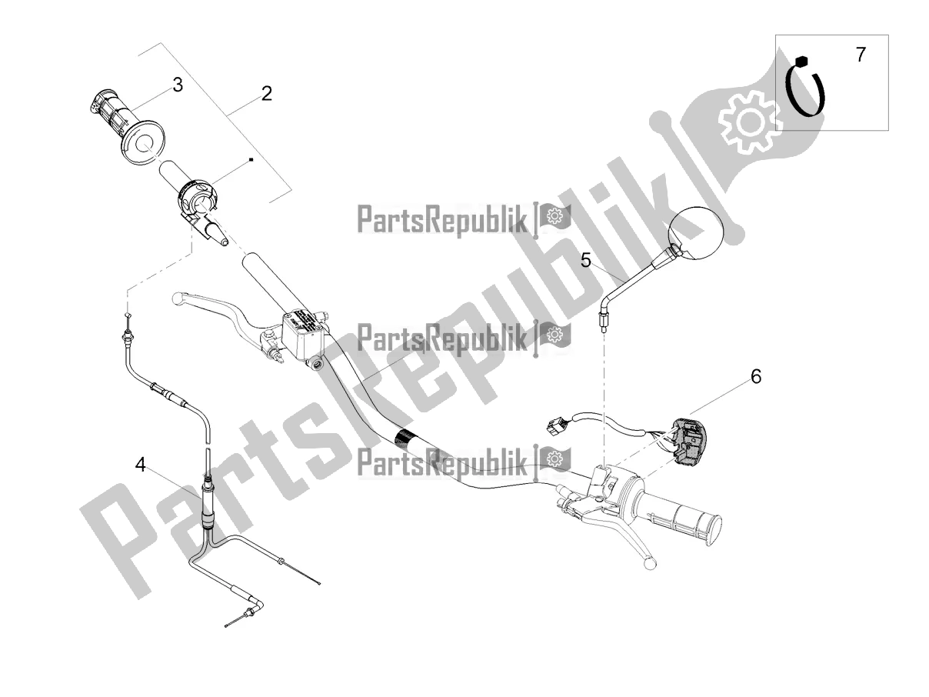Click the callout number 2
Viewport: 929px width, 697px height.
(266, 94)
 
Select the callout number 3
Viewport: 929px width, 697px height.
(178, 85)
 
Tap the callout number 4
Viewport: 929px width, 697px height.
(140, 465)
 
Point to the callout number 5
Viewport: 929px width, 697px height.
(585, 260)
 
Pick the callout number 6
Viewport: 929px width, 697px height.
(755, 376)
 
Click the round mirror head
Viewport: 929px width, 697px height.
(696, 232)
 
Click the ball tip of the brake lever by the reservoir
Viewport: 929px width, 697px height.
(178, 298)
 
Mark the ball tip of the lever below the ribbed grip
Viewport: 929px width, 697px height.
(650, 563)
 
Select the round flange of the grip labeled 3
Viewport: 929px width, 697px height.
(145, 142)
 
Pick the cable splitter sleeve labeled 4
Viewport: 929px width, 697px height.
(208, 504)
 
